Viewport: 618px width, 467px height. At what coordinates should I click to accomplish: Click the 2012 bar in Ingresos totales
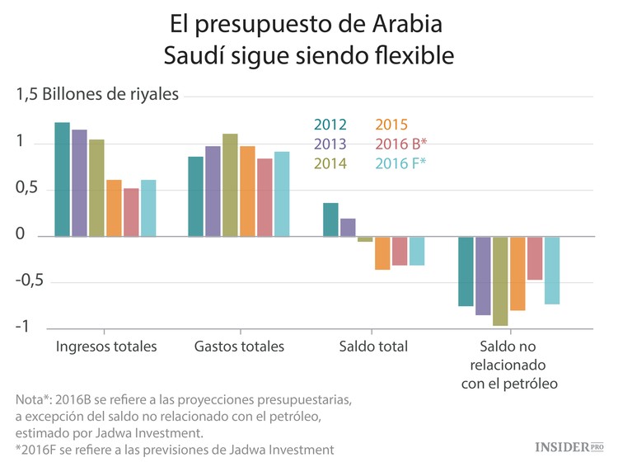pos(62,179)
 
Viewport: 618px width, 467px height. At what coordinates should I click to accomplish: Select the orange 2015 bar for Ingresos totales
pos(114,208)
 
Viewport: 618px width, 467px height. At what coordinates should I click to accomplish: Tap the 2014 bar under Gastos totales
pos(230,185)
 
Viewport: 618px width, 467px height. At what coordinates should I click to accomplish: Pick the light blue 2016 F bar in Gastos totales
pos(282,194)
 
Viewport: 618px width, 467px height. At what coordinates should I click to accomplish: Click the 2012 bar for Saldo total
pos(330,219)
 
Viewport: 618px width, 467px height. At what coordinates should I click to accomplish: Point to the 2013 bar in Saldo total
pos(348,227)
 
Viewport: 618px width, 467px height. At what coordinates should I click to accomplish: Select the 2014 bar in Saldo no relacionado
pos(500,281)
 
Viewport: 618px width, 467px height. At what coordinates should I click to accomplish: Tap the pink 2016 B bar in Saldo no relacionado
pos(535,258)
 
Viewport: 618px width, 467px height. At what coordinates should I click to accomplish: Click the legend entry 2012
pos(330,125)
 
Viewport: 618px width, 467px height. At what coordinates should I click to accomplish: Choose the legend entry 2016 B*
pos(400,144)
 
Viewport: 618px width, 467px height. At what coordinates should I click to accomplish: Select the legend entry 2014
pos(330,163)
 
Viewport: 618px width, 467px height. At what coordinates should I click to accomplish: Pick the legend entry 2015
pos(391,125)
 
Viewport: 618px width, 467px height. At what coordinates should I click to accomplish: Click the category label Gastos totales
pos(239,347)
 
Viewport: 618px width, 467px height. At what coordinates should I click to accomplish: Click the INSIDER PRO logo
pos(569,446)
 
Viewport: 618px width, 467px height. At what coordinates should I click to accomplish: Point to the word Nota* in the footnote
pos(36,399)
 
